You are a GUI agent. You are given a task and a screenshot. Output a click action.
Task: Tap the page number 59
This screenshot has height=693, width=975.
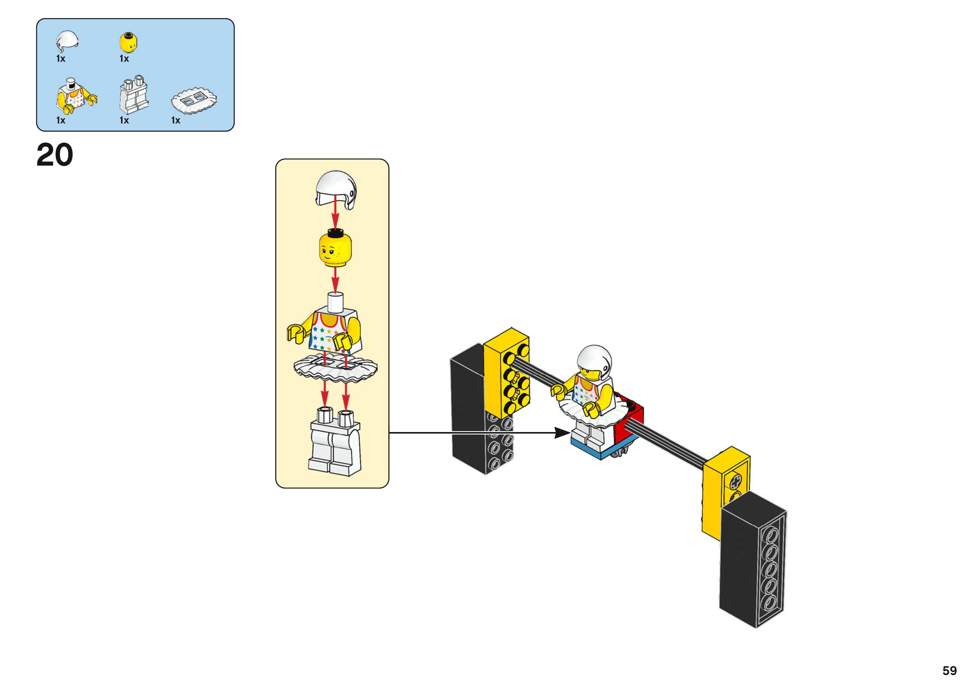pyautogui.click(x=949, y=670)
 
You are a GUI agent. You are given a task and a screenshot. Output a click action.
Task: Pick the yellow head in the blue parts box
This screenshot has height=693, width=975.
pyautogui.click(x=128, y=42)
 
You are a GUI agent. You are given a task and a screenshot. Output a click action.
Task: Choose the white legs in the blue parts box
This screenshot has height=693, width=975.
pyautogui.click(x=134, y=96)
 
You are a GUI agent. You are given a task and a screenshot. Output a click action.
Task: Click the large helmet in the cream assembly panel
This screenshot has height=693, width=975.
pyautogui.click(x=336, y=189)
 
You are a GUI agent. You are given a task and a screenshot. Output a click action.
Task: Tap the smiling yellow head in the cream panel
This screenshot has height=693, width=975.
pyautogui.click(x=335, y=249)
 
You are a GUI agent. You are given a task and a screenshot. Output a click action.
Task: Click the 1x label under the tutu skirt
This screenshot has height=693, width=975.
pyautogui.click(x=175, y=120)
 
